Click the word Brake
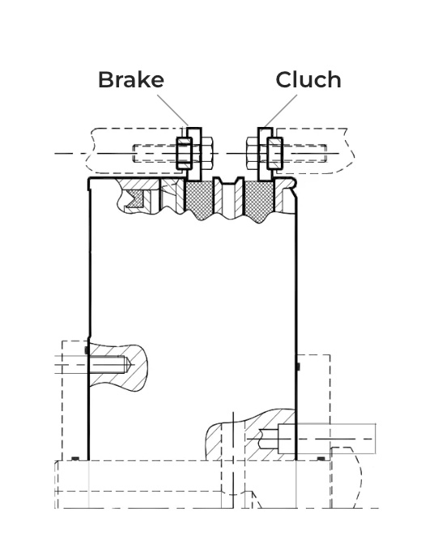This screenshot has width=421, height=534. click(x=131, y=79)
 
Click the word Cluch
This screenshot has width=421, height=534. click(x=308, y=79)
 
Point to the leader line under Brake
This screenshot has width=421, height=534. click(x=172, y=110)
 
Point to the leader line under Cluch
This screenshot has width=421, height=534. click(x=281, y=110)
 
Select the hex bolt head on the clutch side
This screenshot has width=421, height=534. click(x=253, y=153)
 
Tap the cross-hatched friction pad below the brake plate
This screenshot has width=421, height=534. click(x=198, y=199)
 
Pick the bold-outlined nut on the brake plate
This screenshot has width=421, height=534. click(x=184, y=153)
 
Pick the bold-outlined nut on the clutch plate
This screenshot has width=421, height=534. click(x=274, y=153)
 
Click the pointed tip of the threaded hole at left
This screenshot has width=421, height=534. click(x=131, y=365)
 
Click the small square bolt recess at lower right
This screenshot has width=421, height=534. click(x=287, y=439)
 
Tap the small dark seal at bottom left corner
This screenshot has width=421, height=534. click(x=75, y=458)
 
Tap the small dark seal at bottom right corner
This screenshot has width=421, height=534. click(x=321, y=459)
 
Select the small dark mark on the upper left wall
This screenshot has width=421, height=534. click(x=87, y=350)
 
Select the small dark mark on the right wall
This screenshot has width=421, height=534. click(x=298, y=367)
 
